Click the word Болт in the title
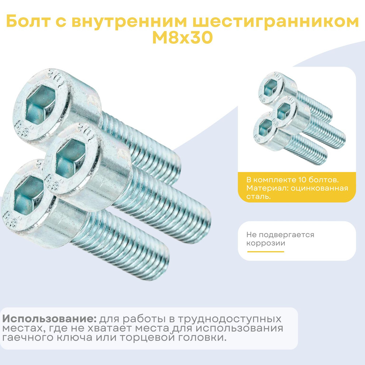click(x=28, y=21)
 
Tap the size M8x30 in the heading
click(x=182, y=38)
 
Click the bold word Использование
click(x=49, y=319)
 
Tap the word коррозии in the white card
click(x=266, y=243)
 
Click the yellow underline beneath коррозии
click(x=266, y=251)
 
